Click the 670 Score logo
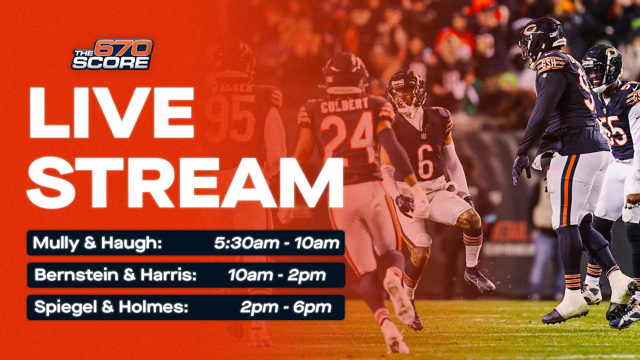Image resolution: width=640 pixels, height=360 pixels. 112,54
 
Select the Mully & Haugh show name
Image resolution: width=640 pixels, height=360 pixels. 97,243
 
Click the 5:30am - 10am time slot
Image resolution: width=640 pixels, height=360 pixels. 276,243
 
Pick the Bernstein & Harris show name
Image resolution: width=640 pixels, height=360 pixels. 115,275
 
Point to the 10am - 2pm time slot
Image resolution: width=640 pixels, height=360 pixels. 276,275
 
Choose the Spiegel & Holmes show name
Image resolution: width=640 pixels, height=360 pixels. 111,307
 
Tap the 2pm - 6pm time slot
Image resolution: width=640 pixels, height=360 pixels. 285,307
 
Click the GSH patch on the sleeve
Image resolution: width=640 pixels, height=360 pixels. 548,63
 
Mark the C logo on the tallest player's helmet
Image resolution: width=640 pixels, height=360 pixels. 530,29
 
